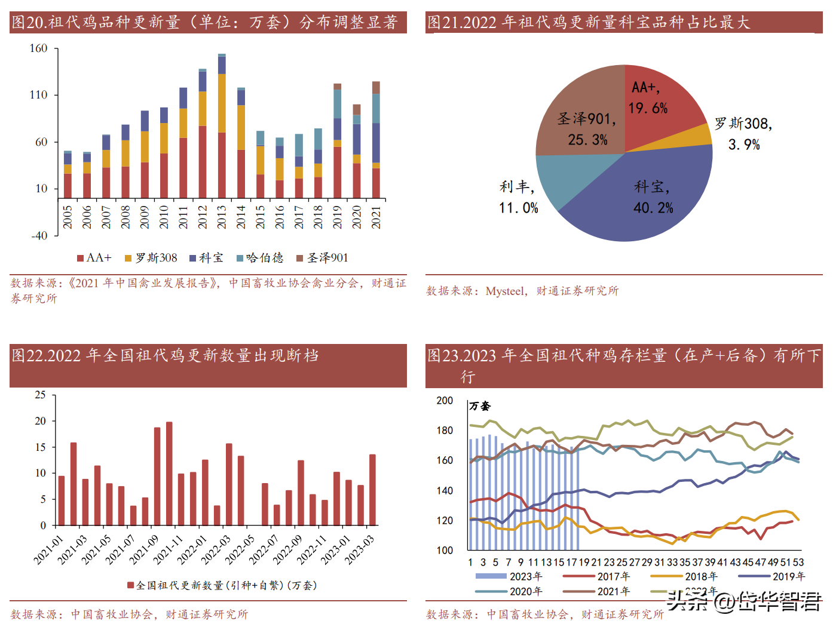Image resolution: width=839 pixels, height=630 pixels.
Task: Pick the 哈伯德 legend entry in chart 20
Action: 260,258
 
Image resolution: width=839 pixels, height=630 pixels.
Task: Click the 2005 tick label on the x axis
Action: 68,217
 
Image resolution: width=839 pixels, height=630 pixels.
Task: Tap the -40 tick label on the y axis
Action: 39,236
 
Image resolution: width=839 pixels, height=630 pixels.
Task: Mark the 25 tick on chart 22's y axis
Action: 40,395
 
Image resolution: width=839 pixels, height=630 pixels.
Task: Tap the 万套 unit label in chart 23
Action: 480,407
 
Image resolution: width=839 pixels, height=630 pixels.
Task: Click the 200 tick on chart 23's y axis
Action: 445,401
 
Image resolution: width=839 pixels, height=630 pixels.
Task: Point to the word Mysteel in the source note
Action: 506,291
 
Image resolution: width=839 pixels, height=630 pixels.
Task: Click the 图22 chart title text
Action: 165,356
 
